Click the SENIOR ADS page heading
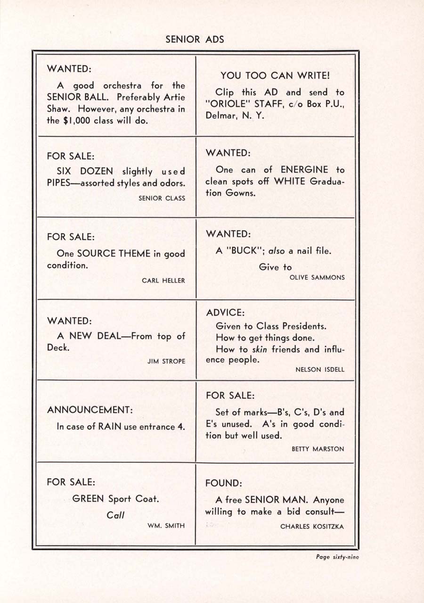(195, 40)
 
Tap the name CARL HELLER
(163, 281)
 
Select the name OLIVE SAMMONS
(317, 277)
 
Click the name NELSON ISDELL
(319, 370)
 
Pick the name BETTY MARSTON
(318, 449)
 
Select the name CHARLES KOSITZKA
(312, 526)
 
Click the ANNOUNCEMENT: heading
(90, 410)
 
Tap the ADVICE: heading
(225, 313)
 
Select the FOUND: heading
(223, 484)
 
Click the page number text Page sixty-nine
(337, 557)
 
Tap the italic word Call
(115, 515)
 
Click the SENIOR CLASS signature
(162, 198)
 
